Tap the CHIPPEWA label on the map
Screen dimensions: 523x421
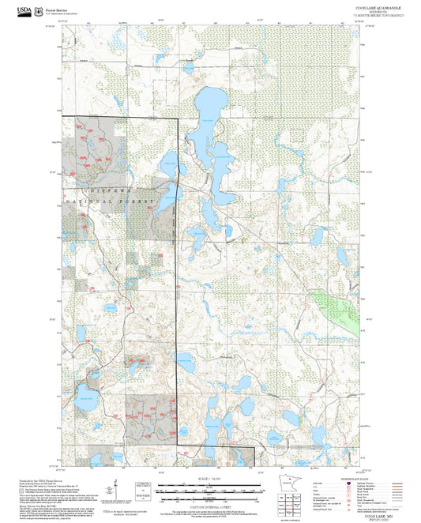[107, 191]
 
